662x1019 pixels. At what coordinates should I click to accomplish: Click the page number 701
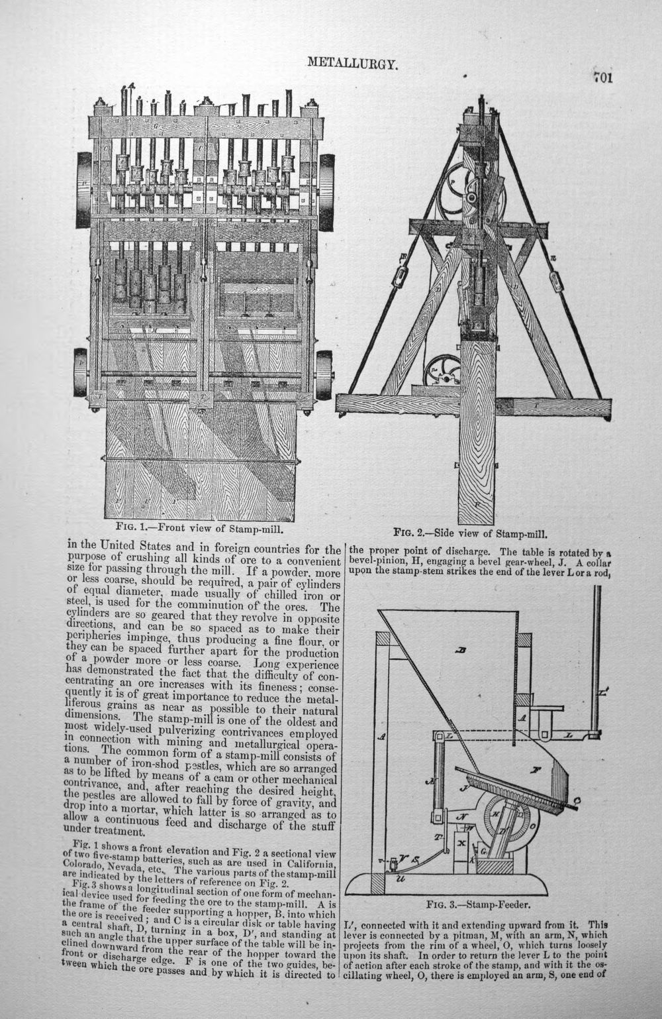pos(603,78)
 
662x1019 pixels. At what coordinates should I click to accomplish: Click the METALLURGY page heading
pos(353,63)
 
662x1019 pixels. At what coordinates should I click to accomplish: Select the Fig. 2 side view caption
pos(470,533)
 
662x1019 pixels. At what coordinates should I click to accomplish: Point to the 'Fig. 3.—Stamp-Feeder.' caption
pos(479,904)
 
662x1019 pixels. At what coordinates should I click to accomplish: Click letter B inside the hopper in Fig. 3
pos(461,651)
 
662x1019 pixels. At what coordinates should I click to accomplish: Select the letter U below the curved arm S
pos(401,879)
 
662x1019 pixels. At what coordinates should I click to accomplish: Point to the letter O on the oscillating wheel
pos(532,826)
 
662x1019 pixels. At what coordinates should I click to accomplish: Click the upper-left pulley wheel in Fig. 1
pos(84,189)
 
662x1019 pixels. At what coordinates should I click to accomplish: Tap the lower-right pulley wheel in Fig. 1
pos(324,375)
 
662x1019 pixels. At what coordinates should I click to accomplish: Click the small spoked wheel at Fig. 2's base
pos(442,371)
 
